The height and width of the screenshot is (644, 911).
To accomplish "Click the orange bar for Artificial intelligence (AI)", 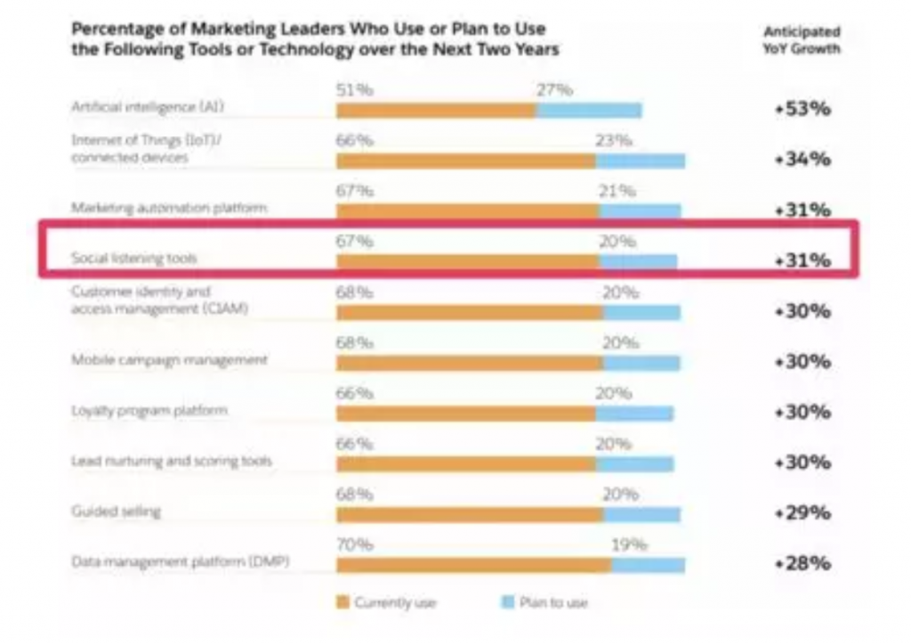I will (436, 110).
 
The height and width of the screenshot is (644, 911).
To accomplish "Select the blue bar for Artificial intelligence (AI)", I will (589, 110).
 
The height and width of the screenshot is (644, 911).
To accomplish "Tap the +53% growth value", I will (802, 109).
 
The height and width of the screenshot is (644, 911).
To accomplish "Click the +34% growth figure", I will (802, 160).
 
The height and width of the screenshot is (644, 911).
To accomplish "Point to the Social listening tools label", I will (134, 259).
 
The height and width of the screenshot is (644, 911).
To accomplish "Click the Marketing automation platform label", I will (169, 208).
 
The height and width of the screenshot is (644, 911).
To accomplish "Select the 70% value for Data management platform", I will (354, 545).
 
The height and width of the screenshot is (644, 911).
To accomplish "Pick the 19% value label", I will (629, 545).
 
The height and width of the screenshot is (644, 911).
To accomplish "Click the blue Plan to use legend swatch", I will (508, 603).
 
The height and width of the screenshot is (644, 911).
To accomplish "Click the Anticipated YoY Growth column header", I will (802, 41).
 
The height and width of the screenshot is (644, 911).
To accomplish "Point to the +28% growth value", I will (802, 564).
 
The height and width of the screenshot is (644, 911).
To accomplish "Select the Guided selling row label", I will (116, 512).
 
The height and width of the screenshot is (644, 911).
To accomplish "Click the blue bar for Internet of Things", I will (641, 161).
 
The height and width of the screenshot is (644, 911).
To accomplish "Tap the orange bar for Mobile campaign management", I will (469, 363).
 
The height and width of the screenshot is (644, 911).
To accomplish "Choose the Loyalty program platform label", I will (149, 411).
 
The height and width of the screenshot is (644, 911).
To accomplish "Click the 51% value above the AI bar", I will (354, 90).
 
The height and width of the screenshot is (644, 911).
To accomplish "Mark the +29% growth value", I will (802, 513).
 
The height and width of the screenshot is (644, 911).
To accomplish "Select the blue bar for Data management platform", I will (648, 566).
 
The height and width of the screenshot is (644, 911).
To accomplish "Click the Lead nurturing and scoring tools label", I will (172, 462).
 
